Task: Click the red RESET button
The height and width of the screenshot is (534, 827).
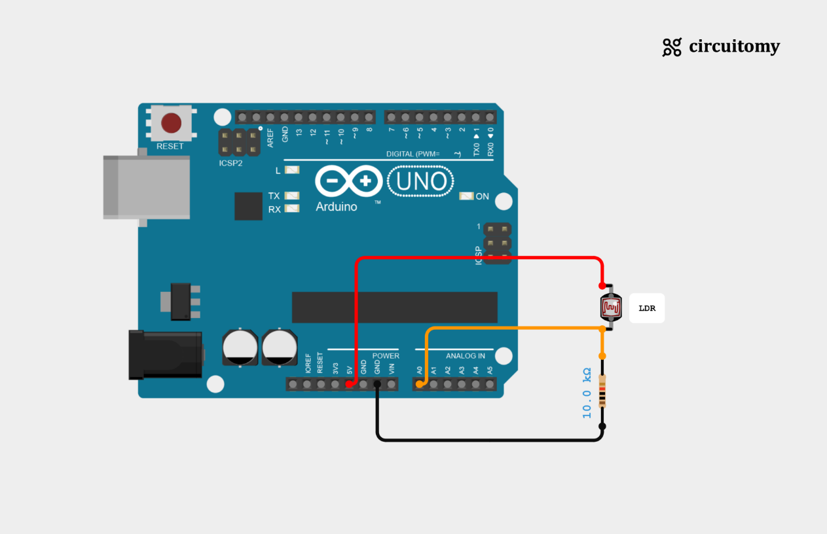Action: click(172, 122)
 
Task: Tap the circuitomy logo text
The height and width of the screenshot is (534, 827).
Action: click(734, 46)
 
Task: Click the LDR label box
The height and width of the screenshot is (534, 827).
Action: click(647, 308)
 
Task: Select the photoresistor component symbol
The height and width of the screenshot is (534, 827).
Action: click(610, 307)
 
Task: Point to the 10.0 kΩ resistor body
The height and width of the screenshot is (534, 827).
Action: click(602, 391)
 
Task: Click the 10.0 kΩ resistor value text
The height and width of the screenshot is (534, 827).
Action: click(587, 393)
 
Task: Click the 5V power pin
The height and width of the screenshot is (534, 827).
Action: click(349, 384)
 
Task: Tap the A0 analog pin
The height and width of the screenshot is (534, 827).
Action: click(419, 384)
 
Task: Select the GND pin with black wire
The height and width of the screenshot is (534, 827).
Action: click(377, 384)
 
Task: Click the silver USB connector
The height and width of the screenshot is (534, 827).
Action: click(147, 187)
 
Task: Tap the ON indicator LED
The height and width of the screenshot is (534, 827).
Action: click(466, 196)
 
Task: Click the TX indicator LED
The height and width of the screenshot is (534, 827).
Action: click(292, 196)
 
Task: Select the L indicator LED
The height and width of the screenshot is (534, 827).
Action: click(292, 170)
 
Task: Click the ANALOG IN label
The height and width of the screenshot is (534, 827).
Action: click(466, 356)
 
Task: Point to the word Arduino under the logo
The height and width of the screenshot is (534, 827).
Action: click(337, 207)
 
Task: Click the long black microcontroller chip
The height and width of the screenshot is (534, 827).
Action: click(395, 308)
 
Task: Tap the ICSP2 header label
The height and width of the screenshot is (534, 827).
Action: click(230, 163)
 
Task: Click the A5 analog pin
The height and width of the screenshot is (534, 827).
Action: click(490, 384)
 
